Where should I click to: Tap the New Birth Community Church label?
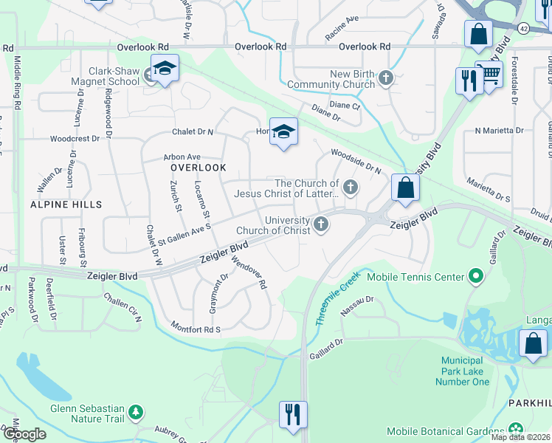(331, 80)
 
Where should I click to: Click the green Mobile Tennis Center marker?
(476, 278)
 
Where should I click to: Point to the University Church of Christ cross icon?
(320, 224)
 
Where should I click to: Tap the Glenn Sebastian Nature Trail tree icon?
(135, 411)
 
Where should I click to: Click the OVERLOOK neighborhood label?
(198, 168)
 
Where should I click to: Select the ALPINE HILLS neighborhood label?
(66, 204)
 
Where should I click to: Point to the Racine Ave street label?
(342, 38)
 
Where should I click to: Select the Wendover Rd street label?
(248, 272)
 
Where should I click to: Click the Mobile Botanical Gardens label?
(446, 431)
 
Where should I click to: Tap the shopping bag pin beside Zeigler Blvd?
(405, 188)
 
